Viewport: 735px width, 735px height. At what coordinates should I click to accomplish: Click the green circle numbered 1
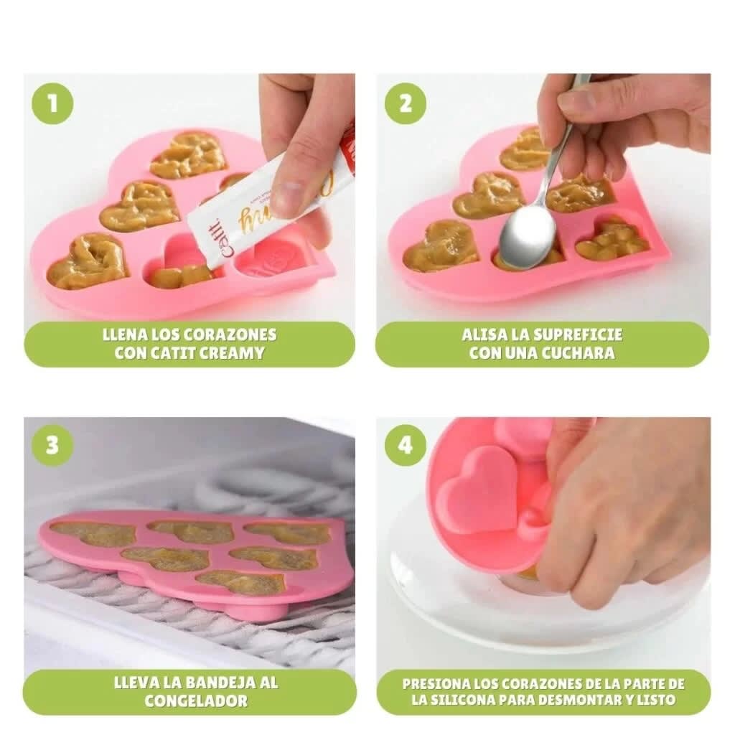tap(52, 104)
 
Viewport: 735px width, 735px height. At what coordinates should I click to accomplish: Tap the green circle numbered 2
tap(406, 104)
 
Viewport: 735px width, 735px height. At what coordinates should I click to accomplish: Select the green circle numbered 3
tap(52, 445)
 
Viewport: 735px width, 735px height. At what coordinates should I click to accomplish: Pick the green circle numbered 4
tap(406, 445)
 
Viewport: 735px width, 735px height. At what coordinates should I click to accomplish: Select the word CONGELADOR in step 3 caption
tap(196, 701)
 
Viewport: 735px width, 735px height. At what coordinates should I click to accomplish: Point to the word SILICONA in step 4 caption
tap(459, 701)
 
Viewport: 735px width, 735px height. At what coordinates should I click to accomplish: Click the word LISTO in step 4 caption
tap(660, 701)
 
